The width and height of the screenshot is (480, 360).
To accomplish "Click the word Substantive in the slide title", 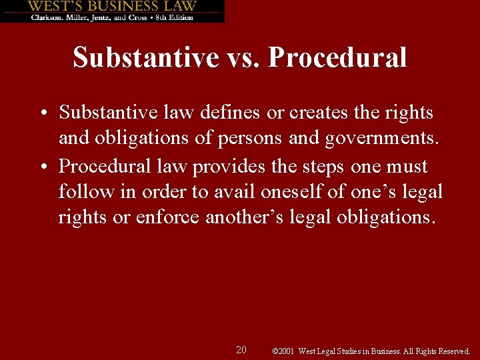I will point(145,57).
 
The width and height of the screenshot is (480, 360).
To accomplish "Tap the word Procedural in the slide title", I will point(337,57).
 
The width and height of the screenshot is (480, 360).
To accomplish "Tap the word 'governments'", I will point(375,139).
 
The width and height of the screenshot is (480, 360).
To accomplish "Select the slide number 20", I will point(241,350).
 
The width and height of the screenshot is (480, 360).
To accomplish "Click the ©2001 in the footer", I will point(284,351).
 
